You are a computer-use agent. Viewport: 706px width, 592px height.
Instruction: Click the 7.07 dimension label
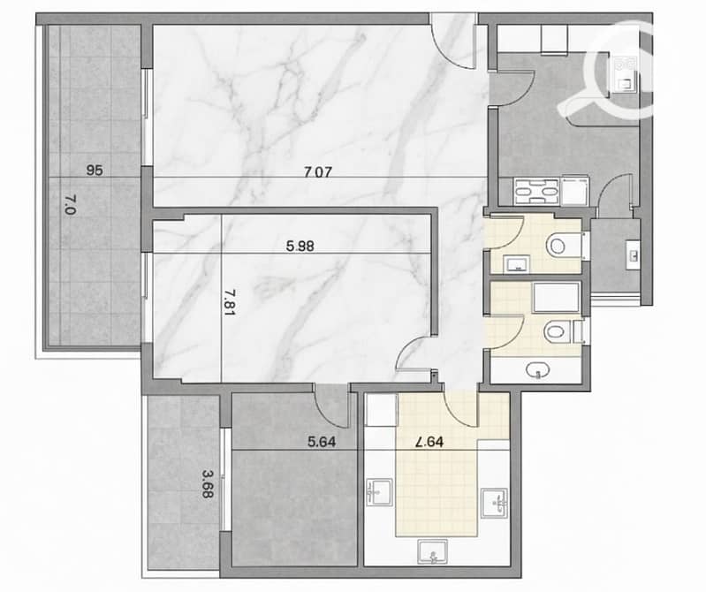tap(318, 172)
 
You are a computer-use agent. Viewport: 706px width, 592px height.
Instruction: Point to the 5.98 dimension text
tap(300, 247)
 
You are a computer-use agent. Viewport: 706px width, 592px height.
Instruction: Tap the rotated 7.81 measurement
tap(229, 302)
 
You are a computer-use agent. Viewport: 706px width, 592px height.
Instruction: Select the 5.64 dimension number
tap(322, 442)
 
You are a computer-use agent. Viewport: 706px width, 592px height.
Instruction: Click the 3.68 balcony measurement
tap(208, 484)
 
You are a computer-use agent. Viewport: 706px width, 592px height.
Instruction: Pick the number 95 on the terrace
tap(95, 171)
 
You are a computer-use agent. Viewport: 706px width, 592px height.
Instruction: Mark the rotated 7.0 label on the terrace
tap(71, 204)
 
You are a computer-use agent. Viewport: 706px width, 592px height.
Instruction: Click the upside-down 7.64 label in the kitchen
tap(429, 442)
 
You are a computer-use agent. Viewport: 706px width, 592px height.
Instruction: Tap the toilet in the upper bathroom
tap(563, 246)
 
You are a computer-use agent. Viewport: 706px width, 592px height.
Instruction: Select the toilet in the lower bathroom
tap(560, 332)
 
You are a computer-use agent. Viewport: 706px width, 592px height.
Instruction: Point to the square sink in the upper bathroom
tap(516, 263)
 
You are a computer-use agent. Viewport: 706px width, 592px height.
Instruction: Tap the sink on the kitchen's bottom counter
tap(433, 551)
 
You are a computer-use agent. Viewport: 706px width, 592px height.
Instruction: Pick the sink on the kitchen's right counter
tap(496, 503)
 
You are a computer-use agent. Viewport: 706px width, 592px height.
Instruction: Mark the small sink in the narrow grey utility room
tap(633, 255)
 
